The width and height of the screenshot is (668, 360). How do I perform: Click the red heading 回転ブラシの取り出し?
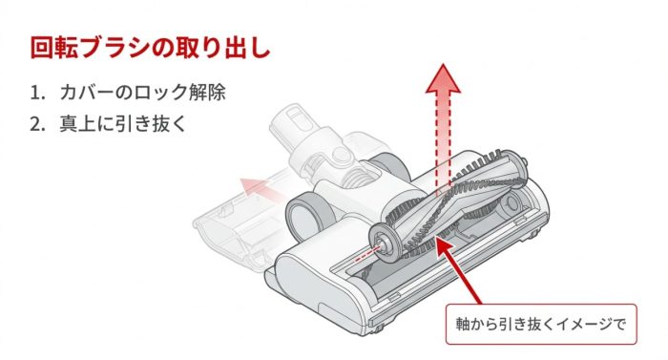pos(151,48)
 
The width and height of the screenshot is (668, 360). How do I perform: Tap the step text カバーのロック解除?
pos(143,92)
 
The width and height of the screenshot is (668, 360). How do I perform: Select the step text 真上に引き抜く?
pos(123,124)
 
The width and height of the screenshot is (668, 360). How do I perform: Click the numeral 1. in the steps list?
pos(37,93)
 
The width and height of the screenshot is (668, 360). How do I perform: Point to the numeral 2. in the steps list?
pos(37,124)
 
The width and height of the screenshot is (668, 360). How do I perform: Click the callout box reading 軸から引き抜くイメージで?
pos(541,324)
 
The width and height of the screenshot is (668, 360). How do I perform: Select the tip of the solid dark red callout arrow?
pos(436,239)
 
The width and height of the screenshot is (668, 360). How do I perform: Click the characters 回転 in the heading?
pos(54,48)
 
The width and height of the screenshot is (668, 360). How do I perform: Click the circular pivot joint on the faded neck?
pos(341,154)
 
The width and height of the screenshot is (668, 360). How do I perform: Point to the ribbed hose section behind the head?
pos(361,176)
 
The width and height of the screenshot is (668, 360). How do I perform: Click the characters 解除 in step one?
pos(207,92)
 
